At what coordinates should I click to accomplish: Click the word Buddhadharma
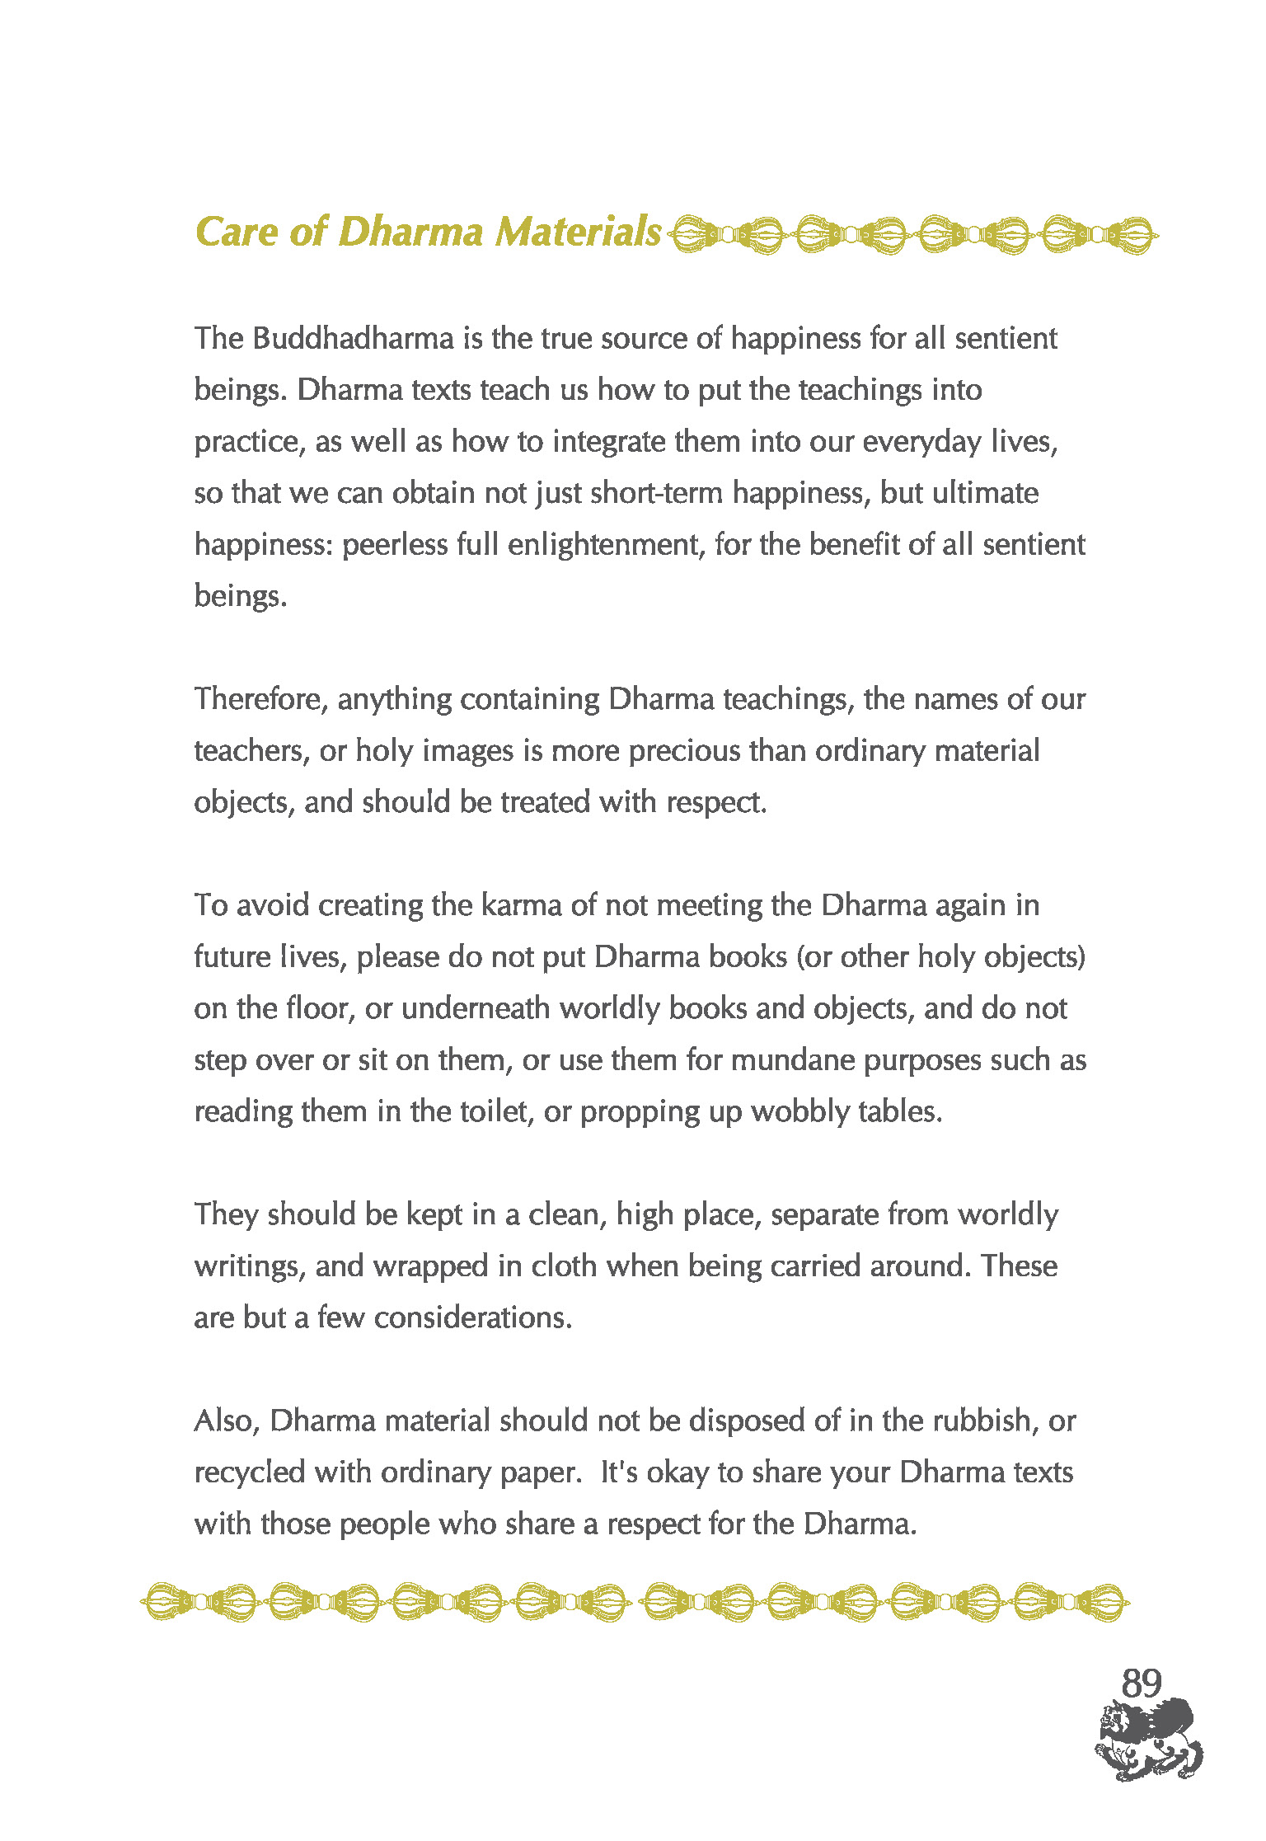tap(353, 339)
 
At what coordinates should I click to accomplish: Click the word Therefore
tap(261, 700)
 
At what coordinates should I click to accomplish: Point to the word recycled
tap(250, 1473)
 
